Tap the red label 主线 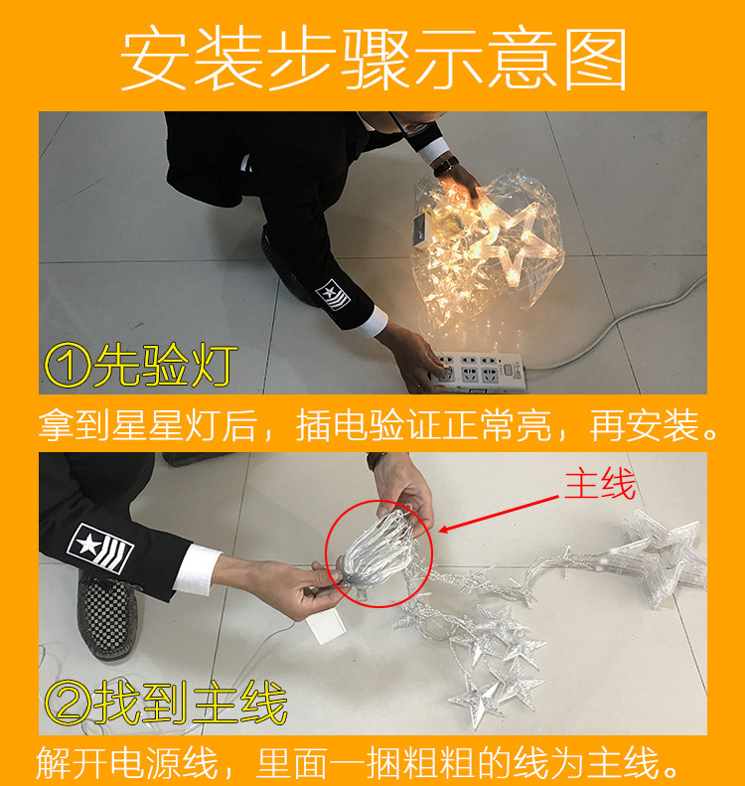[599, 485]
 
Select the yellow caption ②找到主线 [165, 704]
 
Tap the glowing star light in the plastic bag [517, 243]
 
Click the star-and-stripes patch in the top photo [335, 294]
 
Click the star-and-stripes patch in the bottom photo [101, 548]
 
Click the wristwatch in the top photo [447, 164]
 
